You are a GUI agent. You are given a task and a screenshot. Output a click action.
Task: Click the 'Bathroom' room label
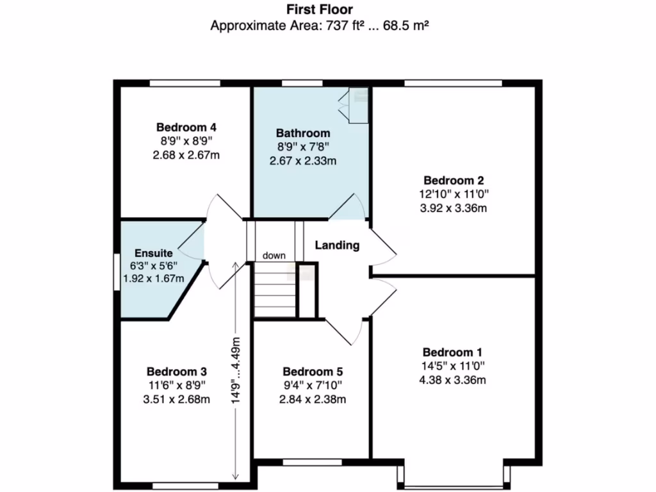303,133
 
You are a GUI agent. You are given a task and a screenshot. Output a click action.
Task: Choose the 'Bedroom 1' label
452,352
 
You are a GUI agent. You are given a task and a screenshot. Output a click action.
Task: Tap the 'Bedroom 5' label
313,372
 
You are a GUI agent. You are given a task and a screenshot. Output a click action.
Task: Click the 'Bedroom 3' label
176,372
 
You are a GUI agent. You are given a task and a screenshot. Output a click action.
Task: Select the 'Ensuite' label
153,254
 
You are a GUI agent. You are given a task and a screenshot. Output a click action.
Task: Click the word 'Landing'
337,245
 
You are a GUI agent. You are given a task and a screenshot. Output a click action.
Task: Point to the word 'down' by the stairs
274,256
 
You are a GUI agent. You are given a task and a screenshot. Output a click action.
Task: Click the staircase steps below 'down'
275,291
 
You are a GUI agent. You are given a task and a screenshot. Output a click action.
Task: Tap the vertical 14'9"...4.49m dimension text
235,370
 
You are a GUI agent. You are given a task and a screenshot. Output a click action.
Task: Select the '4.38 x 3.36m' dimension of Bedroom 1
452,380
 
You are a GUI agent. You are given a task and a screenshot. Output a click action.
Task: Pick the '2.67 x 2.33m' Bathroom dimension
303,161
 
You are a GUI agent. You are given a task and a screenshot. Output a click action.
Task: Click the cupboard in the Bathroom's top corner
354,105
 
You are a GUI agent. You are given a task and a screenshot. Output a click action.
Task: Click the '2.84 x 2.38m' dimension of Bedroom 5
313,399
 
